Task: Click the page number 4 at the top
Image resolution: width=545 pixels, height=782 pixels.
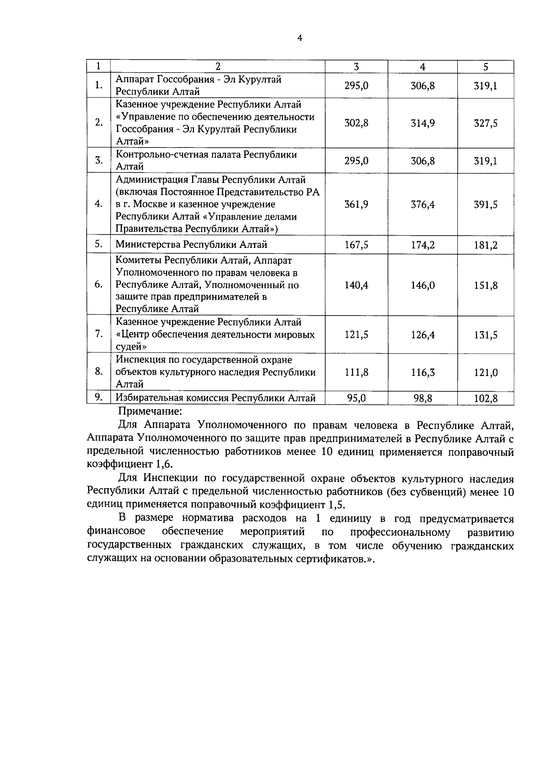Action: click(x=299, y=38)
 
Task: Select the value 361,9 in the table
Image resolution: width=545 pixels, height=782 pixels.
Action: click(x=357, y=204)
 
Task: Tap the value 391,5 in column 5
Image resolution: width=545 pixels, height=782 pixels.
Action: click(x=486, y=205)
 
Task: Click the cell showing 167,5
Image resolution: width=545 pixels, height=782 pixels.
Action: click(x=357, y=245)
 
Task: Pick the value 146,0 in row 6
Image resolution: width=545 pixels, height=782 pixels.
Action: click(x=423, y=286)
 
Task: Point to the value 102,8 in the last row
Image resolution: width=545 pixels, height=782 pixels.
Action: click(x=486, y=399)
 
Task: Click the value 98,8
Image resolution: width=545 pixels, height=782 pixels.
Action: click(x=423, y=399)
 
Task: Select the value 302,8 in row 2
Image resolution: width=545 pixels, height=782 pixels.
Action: click(x=357, y=123)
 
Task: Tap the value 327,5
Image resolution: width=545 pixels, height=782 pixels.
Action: click(x=486, y=124)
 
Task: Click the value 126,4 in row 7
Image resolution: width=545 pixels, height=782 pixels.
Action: click(x=423, y=335)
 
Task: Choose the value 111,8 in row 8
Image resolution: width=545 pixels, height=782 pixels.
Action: click(x=357, y=372)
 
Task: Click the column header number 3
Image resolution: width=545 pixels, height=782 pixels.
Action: click(x=357, y=67)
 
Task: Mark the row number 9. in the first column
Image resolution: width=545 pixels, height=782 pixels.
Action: click(x=98, y=397)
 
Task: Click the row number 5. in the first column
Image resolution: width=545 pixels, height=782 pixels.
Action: click(x=98, y=244)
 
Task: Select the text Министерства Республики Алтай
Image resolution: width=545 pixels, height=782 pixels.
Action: click(x=191, y=245)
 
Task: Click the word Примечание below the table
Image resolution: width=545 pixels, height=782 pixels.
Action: click(x=150, y=412)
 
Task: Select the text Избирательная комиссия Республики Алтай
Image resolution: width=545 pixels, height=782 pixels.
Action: click(x=215, y=398)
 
